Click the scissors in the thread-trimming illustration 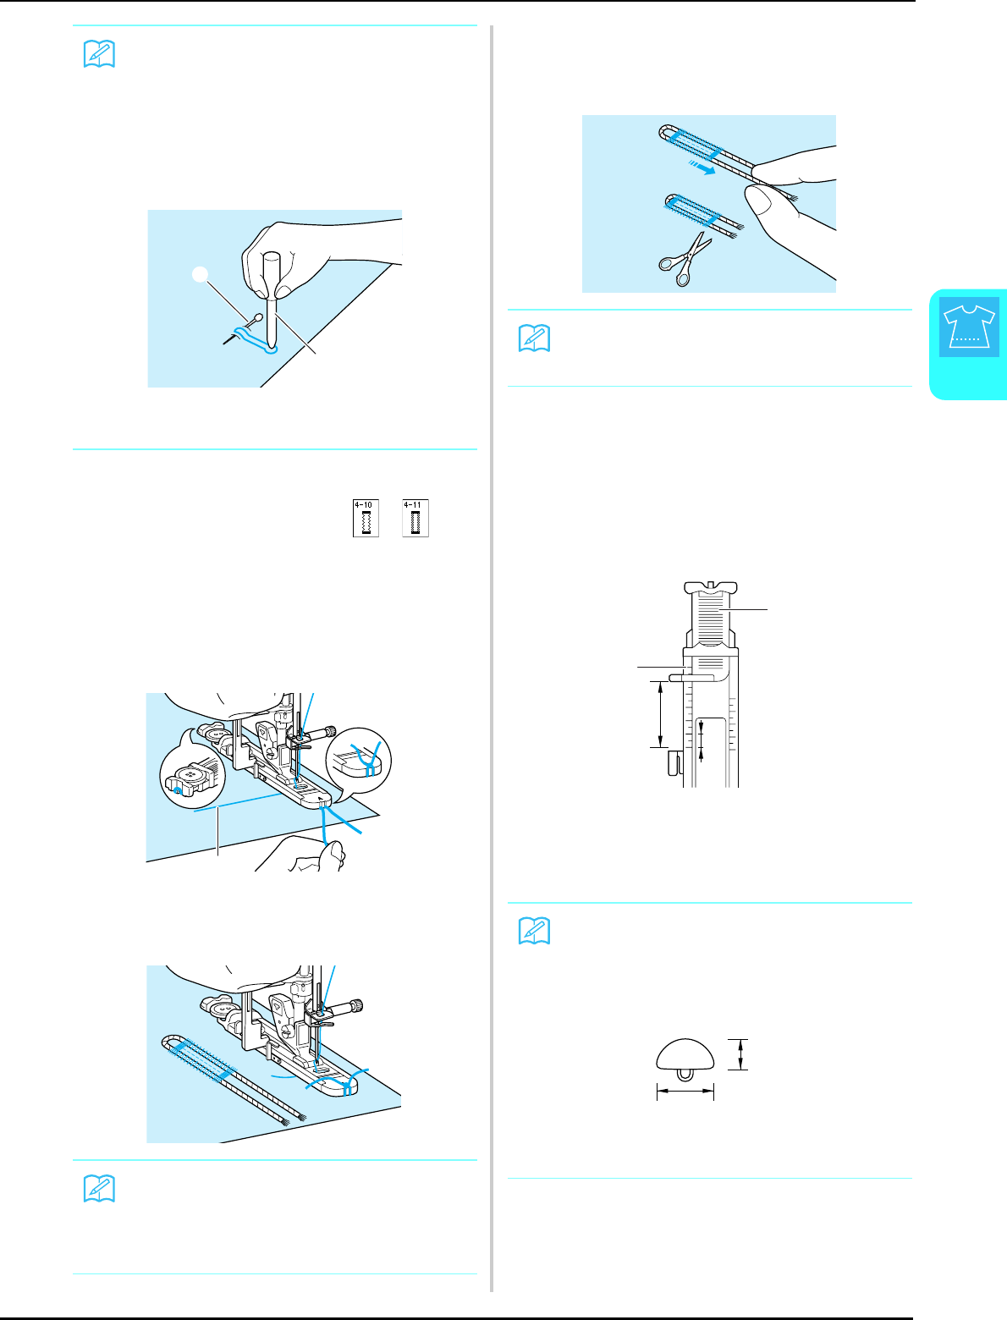click(x=685, y=256)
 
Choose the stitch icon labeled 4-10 click(x=366, y=518)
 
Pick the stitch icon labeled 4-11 click(x=415, y=518)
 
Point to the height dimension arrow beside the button click(x=740, y=1054)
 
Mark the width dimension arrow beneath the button click(x=685, y=1093)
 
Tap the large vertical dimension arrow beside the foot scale click(x=659, y=714)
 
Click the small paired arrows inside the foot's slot click(x=701, y=736)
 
